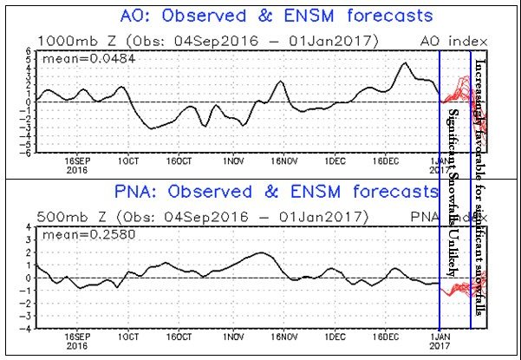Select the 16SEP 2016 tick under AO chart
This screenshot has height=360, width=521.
pyautogui.click(x=78, y=165)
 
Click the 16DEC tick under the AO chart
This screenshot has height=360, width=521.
pyautogui.click(x=385, y=160)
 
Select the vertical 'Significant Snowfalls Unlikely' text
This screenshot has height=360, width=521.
pyautogui.click(x=454, y=191)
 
